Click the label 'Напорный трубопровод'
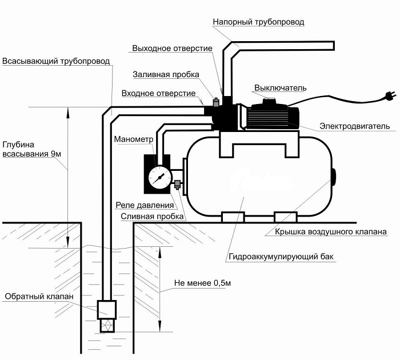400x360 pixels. pos(258,22)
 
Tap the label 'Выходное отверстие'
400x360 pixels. pos(172,48)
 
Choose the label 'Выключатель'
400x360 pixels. pos(280,87)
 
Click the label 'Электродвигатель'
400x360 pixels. pos(355,126)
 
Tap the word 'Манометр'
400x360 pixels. pos(134,139)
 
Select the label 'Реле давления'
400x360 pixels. pos(144,205)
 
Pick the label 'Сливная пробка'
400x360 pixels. pos(152,217)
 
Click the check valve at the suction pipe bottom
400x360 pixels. pos(107,312)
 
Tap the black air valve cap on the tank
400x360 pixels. pos(334,174)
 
